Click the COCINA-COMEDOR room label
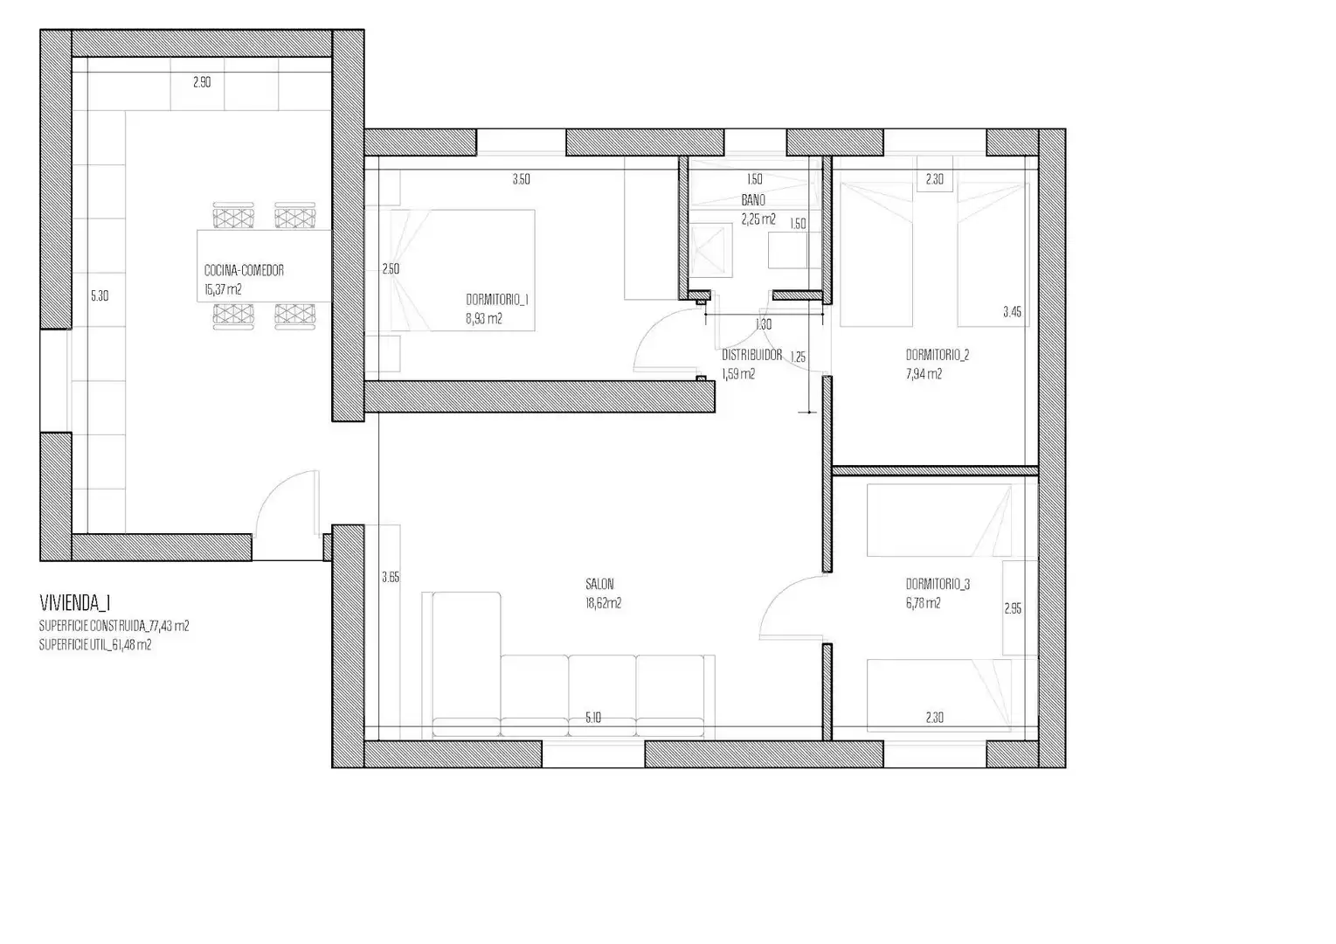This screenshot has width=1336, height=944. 244,270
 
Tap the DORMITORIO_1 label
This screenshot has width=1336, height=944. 497,300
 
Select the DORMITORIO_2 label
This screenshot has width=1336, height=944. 938,355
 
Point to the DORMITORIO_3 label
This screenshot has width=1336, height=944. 938,584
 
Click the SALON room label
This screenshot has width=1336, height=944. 599,584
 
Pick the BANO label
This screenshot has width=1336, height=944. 753,200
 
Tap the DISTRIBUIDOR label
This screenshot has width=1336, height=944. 751,355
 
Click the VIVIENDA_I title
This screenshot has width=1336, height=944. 75,603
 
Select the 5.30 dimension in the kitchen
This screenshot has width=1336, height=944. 100,296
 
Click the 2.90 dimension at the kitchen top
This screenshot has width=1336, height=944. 202,82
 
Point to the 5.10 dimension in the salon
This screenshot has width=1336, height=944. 592,718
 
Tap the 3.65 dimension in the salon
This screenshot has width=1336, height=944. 391,577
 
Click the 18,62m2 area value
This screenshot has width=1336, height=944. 603,603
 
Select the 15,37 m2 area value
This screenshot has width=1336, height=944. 223,290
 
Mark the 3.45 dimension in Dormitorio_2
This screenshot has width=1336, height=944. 1012,311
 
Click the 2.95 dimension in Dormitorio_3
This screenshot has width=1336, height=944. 1013,608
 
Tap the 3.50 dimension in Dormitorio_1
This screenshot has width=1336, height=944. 522,179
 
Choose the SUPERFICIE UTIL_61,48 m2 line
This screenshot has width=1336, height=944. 95,645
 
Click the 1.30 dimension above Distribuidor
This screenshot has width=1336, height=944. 764,324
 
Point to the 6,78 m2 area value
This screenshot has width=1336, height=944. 924,603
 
